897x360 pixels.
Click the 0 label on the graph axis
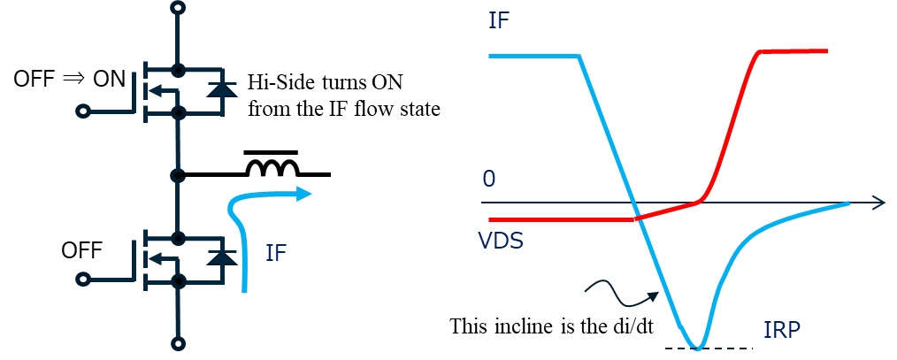tap(488, 180)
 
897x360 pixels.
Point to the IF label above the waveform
tap(500, 19)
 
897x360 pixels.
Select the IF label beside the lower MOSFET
tap(276, 254)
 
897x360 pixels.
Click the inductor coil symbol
tap(272, 169)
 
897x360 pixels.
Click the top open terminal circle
tap(180, 8)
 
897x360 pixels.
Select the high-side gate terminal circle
tap(83, 111)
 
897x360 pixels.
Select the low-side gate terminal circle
tap(83, 280)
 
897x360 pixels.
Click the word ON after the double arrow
tap(109, 79)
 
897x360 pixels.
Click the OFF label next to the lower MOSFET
tap(82, 249)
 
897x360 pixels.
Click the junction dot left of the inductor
tap(180, 175)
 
